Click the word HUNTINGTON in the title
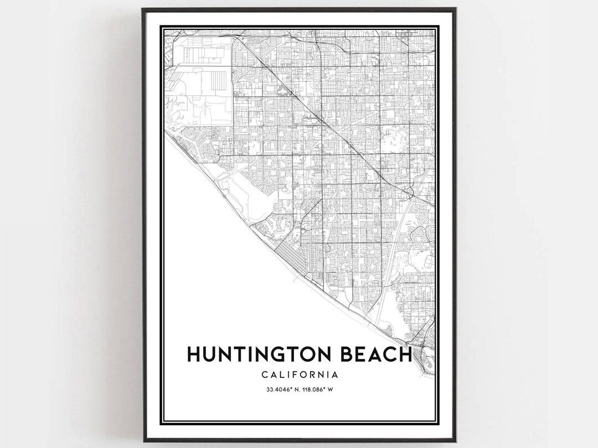260,354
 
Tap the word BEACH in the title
375,354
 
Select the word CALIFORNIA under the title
300,375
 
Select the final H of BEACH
405,354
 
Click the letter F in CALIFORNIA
296,375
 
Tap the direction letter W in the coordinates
330,389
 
